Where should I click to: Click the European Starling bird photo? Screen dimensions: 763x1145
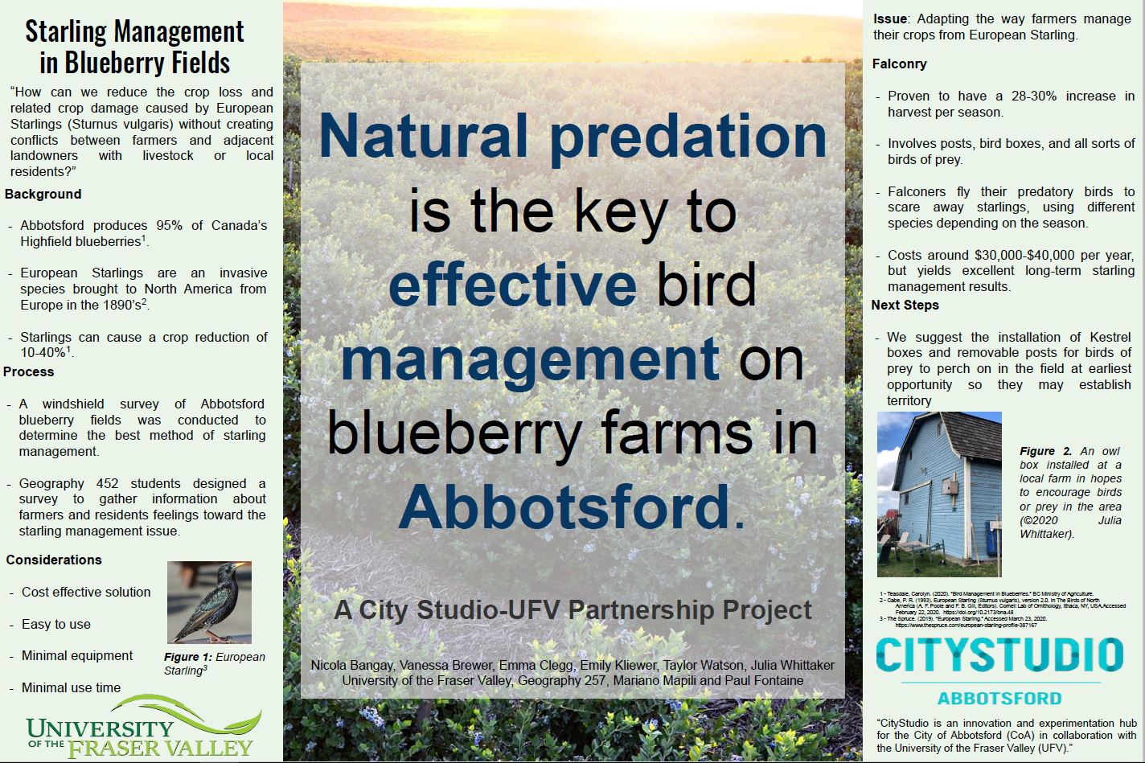pos(209,602)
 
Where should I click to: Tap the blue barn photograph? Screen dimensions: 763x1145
pos(938,494)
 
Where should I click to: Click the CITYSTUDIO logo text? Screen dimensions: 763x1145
pos(998,656)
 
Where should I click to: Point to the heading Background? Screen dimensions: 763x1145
pos(43,195)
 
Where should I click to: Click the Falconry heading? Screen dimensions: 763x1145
pos(899,64)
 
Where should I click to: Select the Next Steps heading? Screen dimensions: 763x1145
pos(905,306)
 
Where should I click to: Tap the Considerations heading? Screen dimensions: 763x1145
pos(54,560)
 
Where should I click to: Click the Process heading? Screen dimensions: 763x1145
pos(29,372)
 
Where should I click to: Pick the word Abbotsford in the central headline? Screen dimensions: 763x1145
pos(564,505)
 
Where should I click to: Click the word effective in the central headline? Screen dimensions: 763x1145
pos(512,284)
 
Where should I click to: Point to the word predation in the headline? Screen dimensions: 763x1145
pos(688,136)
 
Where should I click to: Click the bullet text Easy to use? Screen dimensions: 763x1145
pos(56,625)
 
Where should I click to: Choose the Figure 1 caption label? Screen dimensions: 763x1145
pos(188,658)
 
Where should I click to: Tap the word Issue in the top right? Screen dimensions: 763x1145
pos(890,19)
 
